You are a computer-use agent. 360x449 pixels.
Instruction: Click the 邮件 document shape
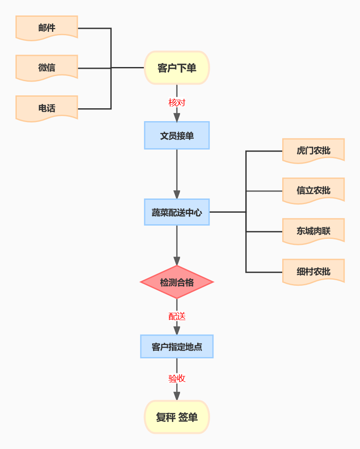(x=46, y=28)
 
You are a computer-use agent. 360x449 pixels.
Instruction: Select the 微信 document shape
(x=46, y=67)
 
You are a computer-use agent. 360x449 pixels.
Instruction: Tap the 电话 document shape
(x=46, y=108)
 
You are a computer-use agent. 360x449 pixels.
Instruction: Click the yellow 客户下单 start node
(x=177, y=68)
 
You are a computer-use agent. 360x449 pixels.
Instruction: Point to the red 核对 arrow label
(x=177, y=103)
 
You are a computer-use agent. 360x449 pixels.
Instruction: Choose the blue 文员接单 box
(x=177, y=136)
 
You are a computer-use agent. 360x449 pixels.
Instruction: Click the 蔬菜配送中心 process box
(x=177, y=212)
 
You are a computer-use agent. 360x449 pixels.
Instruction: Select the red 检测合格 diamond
(x=177, y=282)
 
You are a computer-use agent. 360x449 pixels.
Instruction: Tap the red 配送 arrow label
(x=177, y=317)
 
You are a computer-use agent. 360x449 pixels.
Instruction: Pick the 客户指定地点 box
(x=177, y=347)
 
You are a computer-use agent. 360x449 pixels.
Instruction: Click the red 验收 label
(x=177, y=379)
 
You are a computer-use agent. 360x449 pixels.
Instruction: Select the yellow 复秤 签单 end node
(x=177, y=417)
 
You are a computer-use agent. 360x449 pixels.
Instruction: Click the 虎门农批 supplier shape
(x=313, y=151)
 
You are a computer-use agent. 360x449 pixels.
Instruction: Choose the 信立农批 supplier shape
(x=313, y=190)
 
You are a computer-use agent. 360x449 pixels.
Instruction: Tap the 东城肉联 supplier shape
(x=313, y=231)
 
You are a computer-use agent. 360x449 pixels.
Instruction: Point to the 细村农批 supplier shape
(x=313, y=272)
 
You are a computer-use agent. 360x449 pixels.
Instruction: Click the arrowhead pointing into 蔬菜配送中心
(x=177, y=194)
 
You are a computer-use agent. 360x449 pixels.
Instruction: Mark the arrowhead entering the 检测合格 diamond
(x=177, y=261)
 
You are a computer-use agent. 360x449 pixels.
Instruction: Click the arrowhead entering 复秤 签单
(x=177, y=396)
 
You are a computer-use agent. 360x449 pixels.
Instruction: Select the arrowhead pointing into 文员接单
(x=177, y=117)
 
